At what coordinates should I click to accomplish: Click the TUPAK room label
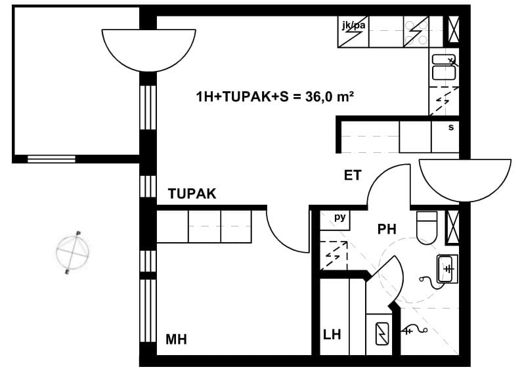tap(192, 194)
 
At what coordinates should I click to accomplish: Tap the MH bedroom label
tap(176, 339)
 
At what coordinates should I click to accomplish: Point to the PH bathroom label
tap(387, 229)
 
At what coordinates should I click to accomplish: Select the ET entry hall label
tap(353, 175)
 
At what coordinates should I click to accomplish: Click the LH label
tap(332, 334)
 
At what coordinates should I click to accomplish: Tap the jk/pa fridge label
tap(353, 25)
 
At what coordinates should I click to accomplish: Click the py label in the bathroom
tap(340, 217)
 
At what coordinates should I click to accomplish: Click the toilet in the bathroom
tap(427, 228)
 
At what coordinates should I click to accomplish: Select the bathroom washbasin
tap(447, 269)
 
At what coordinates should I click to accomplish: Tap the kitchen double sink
tap(444, 67)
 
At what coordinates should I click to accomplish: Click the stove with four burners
tap(416, 32)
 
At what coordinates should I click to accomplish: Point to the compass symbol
tap(73, 252)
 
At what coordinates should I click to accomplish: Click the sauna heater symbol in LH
tap(382, 333)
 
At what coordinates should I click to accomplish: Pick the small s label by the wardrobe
tap(451, 127)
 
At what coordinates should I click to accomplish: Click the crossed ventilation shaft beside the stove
tap(454, 30)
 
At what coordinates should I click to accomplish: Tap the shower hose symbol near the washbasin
tap(429, 282)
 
